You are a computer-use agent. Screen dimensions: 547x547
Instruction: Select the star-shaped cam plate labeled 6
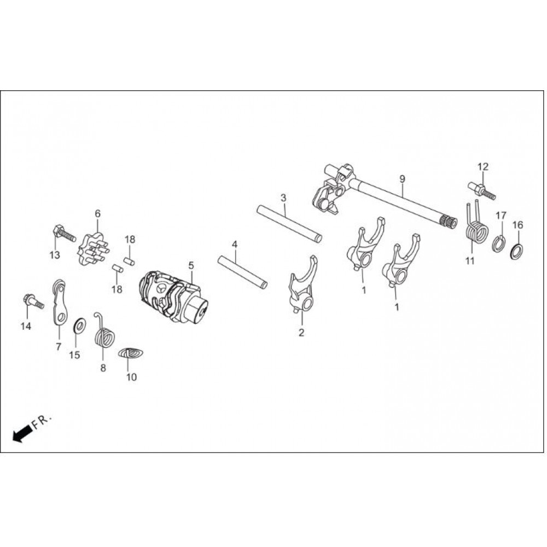point(94,249)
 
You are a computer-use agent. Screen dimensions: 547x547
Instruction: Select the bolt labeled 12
point(481,190)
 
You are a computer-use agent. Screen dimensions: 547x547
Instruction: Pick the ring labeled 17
point(499,244)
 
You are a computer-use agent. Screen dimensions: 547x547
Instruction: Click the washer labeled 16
point(516,251)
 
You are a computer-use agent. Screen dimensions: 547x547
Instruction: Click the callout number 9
point(402,179)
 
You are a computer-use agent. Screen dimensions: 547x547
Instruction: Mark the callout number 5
point(191,265)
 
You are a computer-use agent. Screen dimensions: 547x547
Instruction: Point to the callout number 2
point(301,332)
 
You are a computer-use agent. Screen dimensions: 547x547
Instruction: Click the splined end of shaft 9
point(449,223)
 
